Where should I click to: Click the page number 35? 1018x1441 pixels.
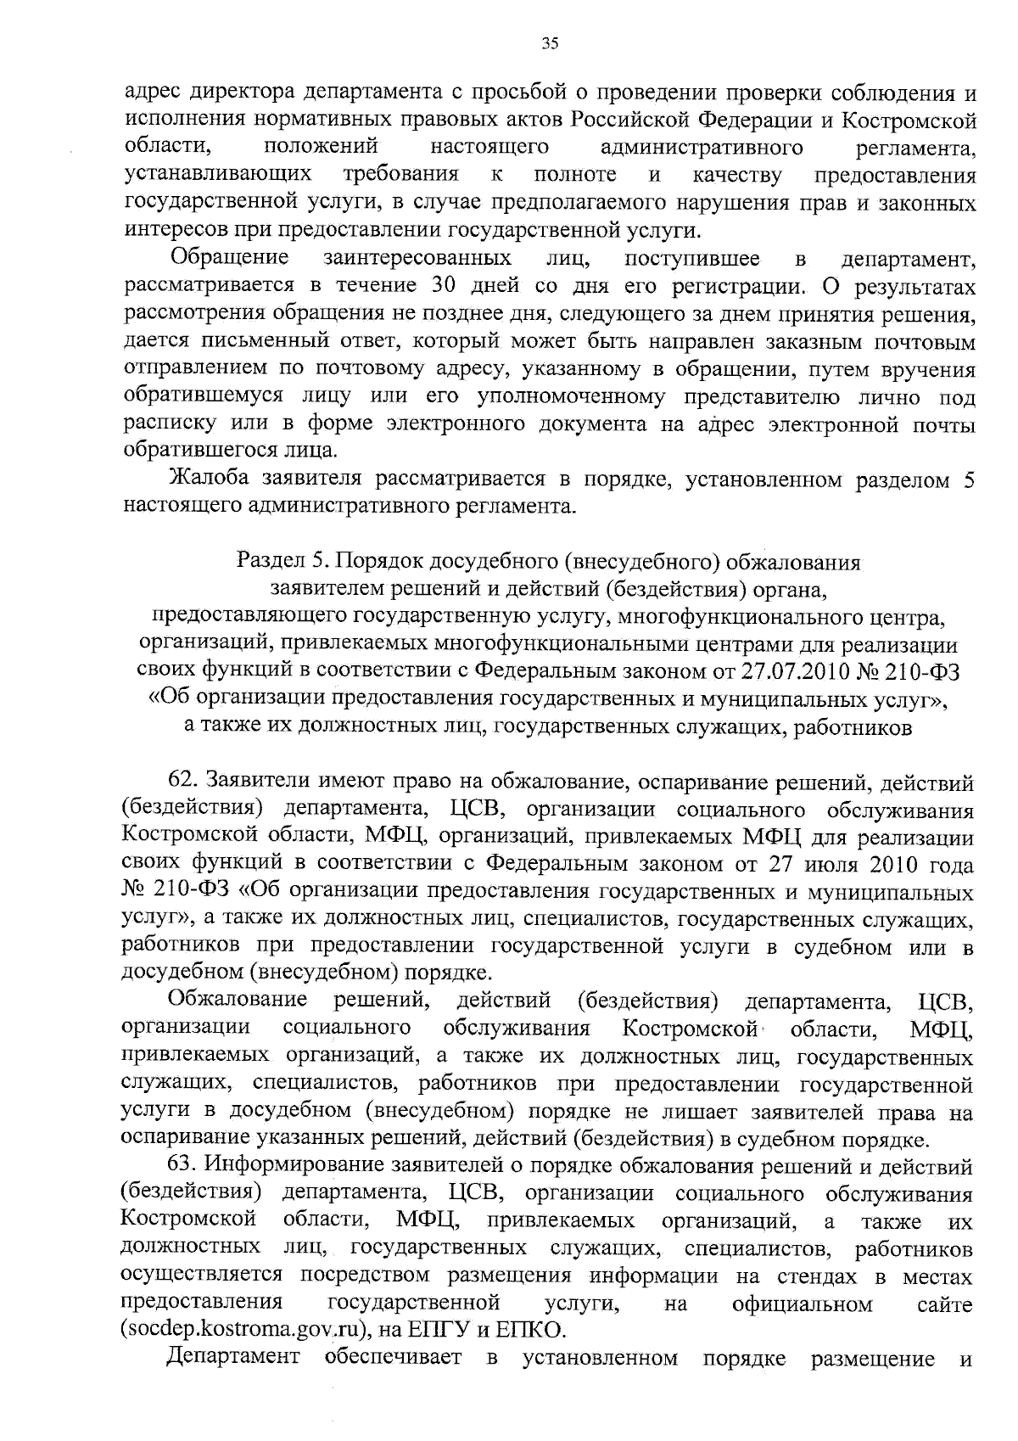(549, 45)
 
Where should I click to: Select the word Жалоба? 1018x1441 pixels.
(209, 479)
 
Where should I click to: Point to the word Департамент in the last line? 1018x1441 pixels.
(233, 1357)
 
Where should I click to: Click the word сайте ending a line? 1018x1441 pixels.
(945, 1303)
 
